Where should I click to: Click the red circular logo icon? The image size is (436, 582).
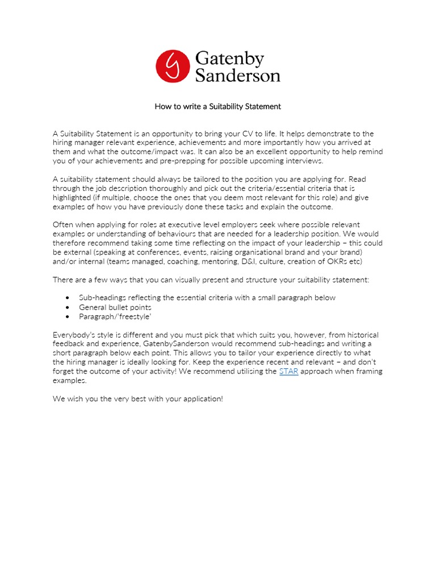click(173, 66)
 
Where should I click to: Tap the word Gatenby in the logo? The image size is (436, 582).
click(229, 59)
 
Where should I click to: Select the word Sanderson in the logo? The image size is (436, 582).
click(237, 76)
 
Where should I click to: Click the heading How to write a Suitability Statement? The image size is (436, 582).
click(218, 106)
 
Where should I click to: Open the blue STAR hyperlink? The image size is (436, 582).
click(289, 371)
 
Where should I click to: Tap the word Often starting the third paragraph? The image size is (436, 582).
click(64, 225)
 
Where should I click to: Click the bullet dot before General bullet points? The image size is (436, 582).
click(68, 307)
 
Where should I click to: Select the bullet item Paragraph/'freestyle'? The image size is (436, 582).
click(108, 317)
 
